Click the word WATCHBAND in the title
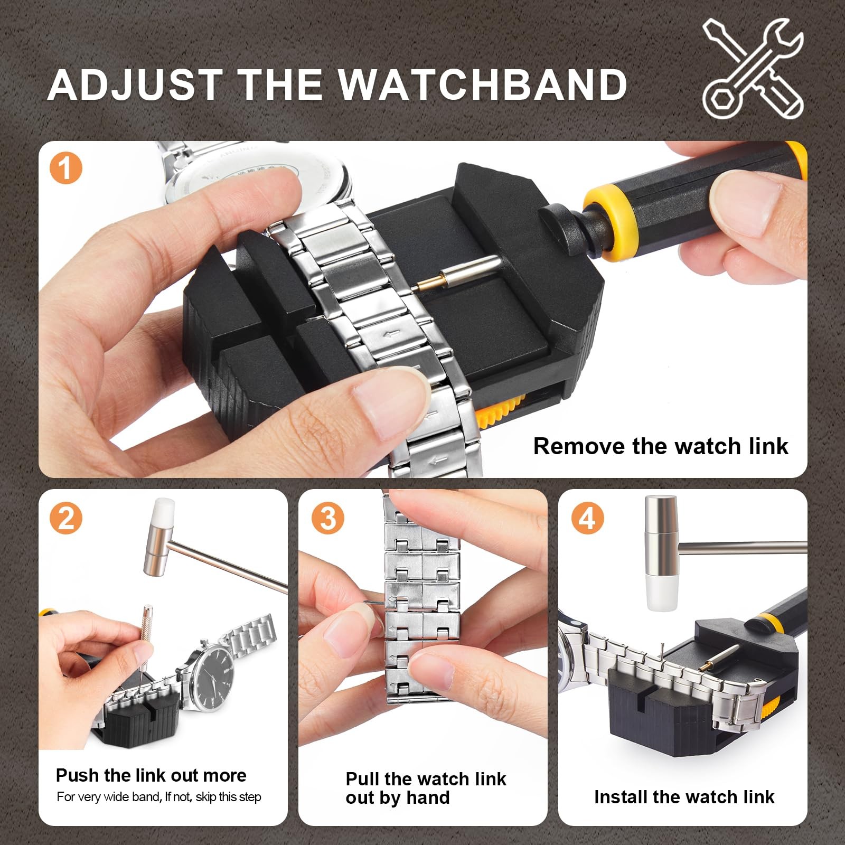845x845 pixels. [x=482, y=84]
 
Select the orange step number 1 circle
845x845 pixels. [x=66, y=169]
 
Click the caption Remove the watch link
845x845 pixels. [x=660, y=446]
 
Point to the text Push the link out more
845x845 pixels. [x=151, y=775]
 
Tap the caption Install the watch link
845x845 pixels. [x=684, y=796]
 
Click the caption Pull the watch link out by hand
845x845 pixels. [x=425, y=788]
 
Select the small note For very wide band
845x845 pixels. [x=158, y=797]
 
